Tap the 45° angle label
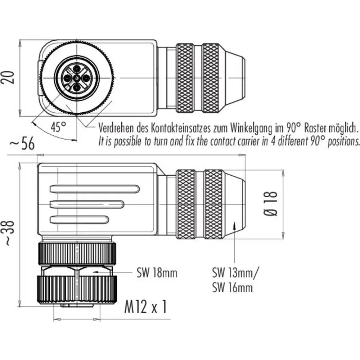[x=58, y=127]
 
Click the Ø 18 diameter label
[x=273, y=203]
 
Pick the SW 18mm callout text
[x=157, y=273]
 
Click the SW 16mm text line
[x=232, y=287]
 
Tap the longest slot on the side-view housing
[x=94, y=188]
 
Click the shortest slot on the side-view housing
[x=79, y=219]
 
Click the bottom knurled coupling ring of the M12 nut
[x=77, y=290]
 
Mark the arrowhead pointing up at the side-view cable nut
[x=234, y=225]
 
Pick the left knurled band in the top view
[x=185, y=78]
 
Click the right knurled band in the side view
[x=213, y=204]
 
